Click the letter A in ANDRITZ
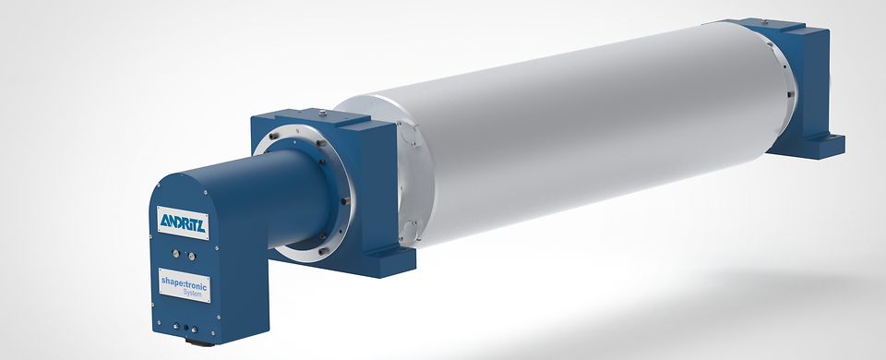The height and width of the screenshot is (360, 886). [164, 219]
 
